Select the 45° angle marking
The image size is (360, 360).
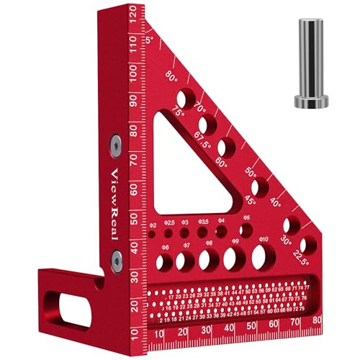(x=250, y=202)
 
